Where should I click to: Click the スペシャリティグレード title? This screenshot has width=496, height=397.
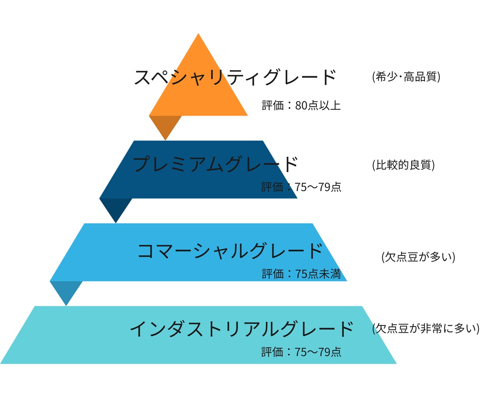(235, 77)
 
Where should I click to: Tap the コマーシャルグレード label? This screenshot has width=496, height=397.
(230, 251)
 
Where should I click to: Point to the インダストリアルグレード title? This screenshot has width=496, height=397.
(241, 329)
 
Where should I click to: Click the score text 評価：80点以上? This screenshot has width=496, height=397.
(301, 105)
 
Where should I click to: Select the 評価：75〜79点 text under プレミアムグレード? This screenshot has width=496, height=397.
(301, 187)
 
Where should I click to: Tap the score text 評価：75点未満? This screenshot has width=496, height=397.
(301, 274)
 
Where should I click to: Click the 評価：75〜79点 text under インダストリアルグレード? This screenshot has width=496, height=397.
(301, 352)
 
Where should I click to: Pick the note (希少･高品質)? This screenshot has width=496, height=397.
(406, 77)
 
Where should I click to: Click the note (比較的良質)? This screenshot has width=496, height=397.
(403, 165)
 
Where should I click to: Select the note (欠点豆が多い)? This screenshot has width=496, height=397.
(418, 257)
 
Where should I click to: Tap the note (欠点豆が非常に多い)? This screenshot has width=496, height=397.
(426, 329)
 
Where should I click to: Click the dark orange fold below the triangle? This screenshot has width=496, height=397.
(165, 124)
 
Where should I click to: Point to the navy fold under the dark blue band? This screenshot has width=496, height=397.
(116, 207)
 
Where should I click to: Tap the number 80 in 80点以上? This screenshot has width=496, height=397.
(301, 105)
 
